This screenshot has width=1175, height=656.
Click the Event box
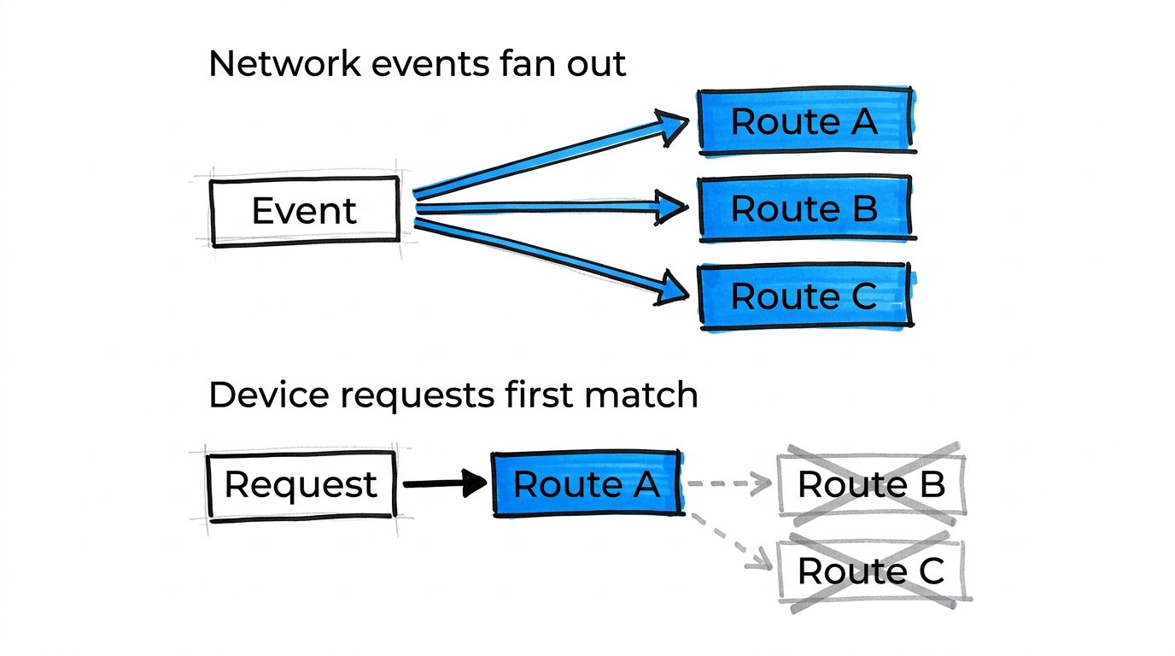[304, 211]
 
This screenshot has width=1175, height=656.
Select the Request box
[301, 485]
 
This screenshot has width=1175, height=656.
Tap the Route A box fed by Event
[804, 121]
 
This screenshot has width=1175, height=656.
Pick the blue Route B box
[804, 209]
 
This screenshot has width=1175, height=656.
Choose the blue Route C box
[804, 296]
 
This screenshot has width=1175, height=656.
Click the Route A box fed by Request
[587, 485]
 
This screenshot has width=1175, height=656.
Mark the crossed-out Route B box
[871, 485]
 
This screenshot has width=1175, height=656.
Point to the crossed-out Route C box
[871, 571]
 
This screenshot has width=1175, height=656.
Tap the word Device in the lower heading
[261, 395]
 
